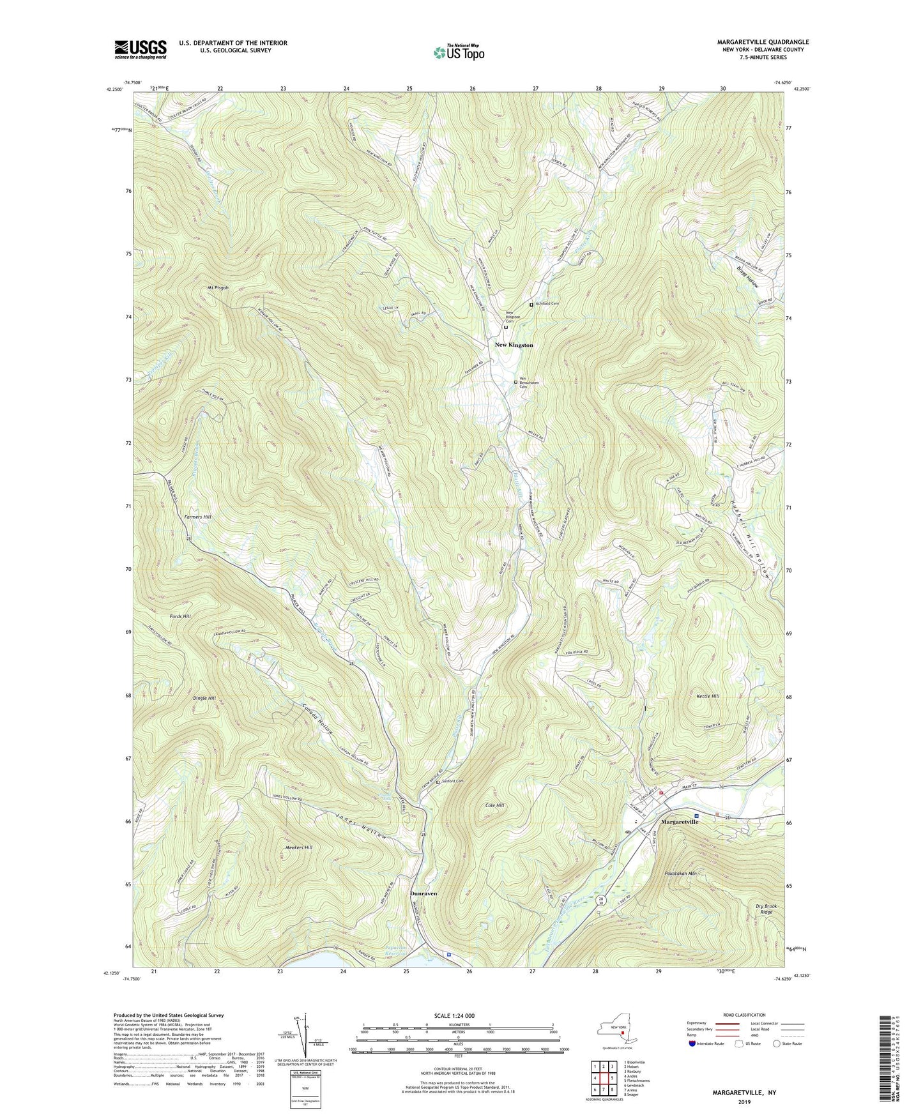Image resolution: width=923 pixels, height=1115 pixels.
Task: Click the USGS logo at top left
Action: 141,49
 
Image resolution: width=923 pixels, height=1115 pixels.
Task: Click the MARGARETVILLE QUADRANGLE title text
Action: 763,42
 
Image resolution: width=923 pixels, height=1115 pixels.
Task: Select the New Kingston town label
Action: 514,345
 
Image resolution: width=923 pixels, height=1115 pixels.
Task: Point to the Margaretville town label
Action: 679,821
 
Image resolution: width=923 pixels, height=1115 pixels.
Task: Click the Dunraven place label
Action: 423,893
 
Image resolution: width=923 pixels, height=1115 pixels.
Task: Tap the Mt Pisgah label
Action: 218,287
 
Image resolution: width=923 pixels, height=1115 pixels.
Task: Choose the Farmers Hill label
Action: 197,517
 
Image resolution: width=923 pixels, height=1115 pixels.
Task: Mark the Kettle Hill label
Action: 706,696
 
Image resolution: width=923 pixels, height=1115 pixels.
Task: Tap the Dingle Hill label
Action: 204,698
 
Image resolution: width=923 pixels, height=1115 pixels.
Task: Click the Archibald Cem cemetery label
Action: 546,304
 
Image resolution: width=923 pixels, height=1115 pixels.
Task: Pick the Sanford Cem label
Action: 452,781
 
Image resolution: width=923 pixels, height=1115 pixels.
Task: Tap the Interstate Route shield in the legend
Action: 694,1043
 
